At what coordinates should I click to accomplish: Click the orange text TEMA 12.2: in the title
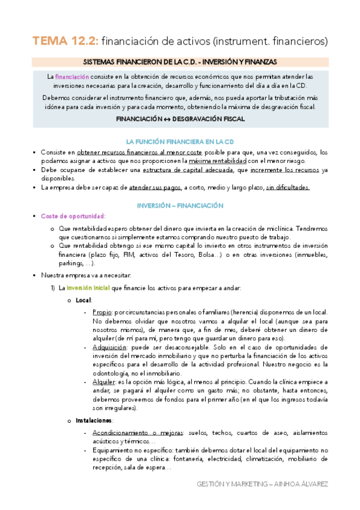click(x=65, y=41)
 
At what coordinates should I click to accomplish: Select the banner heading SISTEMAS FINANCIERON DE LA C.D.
click(x=180, y=62)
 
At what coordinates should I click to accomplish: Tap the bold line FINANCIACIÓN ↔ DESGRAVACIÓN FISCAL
click(x=180, y=120)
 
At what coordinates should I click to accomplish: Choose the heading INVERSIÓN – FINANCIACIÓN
click(x=180, y=205)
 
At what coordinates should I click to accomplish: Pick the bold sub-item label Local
click(x=84, y=300)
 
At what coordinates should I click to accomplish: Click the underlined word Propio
click(x=102, y=312)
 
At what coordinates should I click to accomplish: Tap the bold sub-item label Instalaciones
click(x=95, y=420)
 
